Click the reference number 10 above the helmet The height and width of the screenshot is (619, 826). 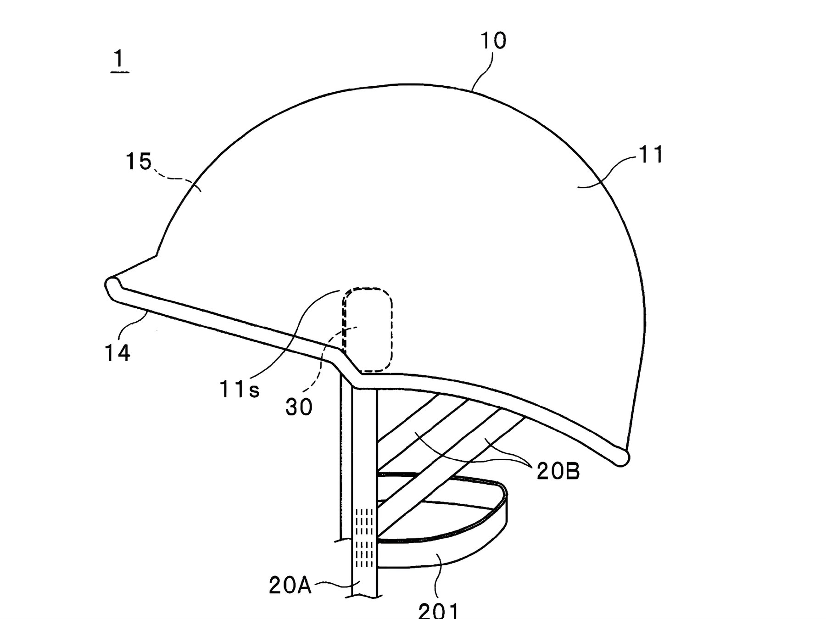point(493,41)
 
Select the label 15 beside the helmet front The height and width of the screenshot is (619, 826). point(139,162)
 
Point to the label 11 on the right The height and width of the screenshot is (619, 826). point(651,155)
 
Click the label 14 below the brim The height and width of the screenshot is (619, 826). point(118,353)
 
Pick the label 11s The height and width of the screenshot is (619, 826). point(239,389)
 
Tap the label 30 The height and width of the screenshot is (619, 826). point(299,407)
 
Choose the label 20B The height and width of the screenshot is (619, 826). point(558,471)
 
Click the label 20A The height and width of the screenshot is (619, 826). point(290,586)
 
